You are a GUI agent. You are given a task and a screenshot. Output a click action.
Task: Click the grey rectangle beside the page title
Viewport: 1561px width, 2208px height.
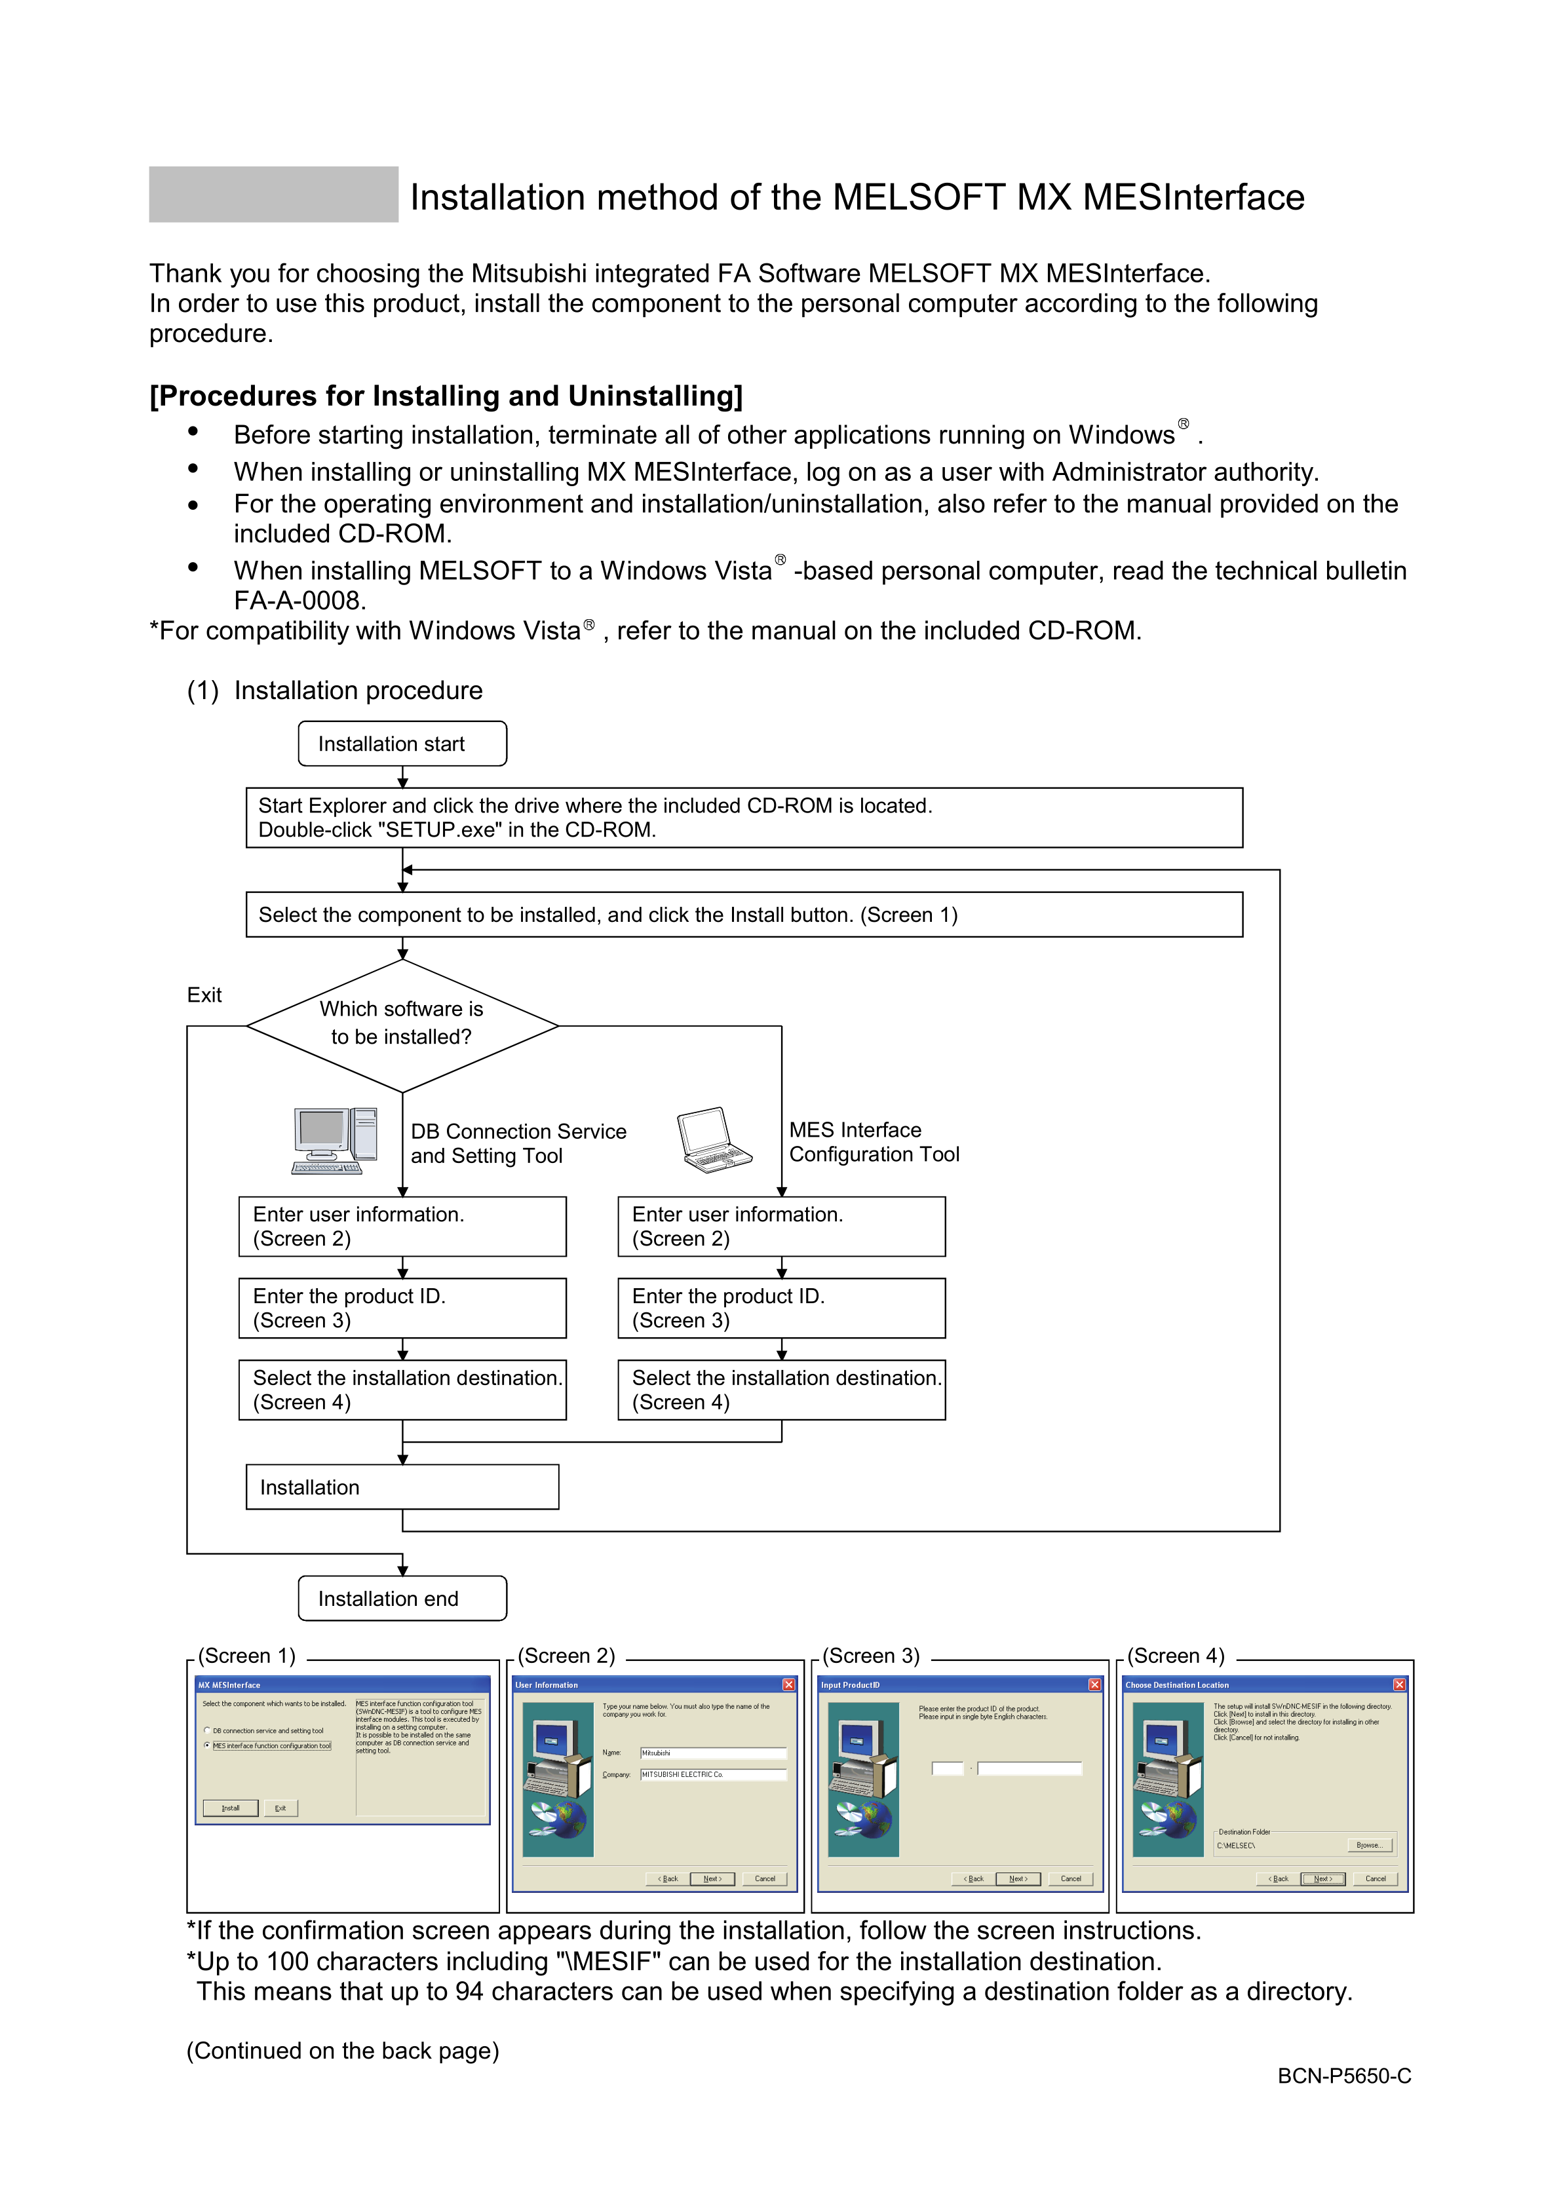click(x=273, y=194)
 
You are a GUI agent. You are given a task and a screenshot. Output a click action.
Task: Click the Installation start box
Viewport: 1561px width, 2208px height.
click(x=402, y=744)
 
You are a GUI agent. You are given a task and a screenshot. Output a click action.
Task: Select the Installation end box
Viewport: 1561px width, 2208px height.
click(x=402, y=1597)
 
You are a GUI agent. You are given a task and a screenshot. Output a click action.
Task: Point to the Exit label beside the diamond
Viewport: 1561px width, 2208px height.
click(x=204, y=995)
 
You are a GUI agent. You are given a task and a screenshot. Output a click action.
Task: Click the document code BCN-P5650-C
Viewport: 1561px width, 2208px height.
click(x=1343, y=2075)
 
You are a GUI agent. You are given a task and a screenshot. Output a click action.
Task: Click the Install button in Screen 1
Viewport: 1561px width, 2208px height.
click(x=231, y=1808)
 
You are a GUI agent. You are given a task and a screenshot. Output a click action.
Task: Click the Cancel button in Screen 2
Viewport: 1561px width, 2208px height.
click(x=765, y=1878)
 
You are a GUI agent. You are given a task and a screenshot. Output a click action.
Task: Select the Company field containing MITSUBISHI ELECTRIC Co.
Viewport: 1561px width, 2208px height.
click(x=713, y=1774)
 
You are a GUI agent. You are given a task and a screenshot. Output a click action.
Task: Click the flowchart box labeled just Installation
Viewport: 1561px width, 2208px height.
click(x=402, y=1487)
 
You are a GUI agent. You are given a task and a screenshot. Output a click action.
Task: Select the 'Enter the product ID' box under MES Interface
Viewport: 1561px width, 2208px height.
click(x=781, y=1308)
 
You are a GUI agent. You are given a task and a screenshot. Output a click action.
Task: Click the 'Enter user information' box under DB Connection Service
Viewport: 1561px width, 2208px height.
click(x=402, y=1226)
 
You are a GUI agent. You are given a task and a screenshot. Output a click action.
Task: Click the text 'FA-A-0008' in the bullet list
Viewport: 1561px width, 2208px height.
click(x=299, y=601)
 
